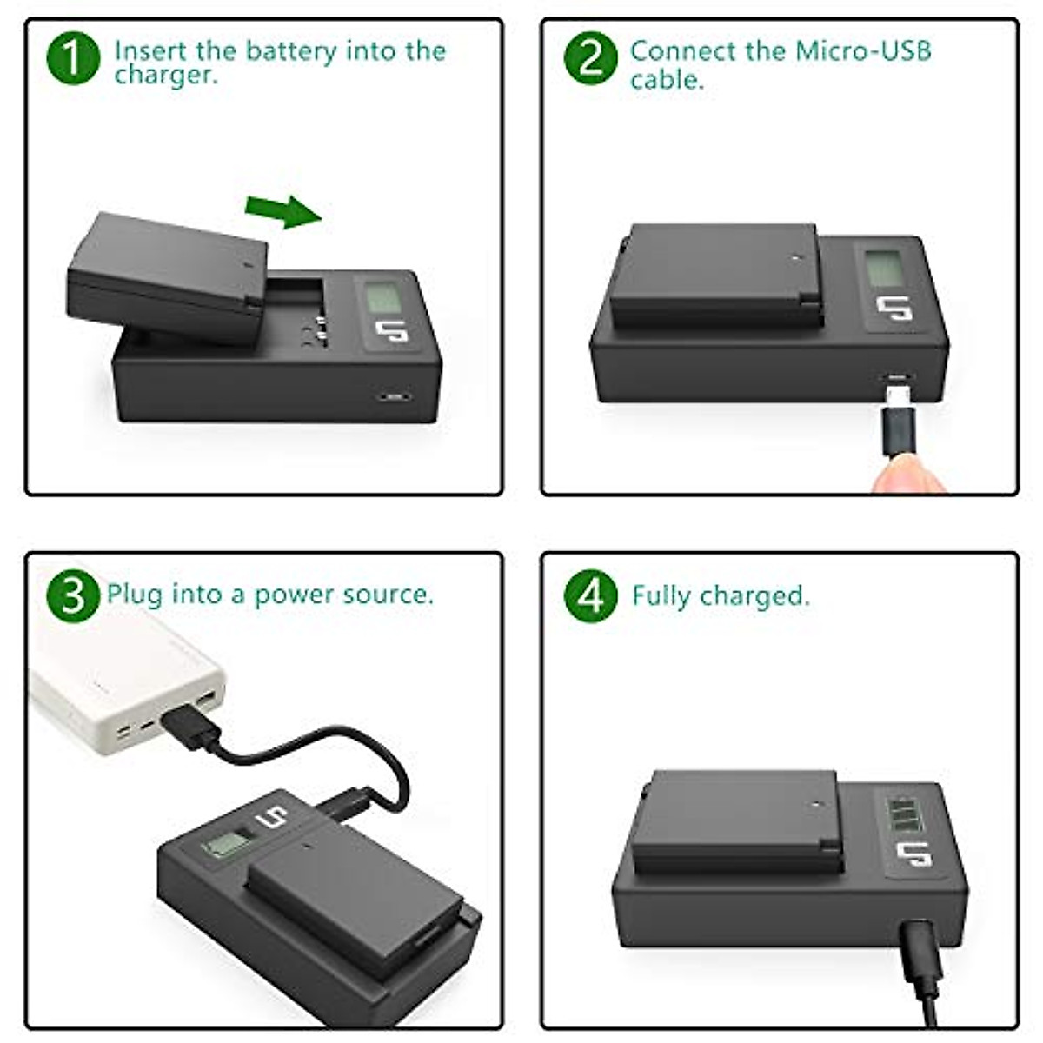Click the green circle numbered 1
click(x=73, y=58)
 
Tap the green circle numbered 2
click(x=590, y=58)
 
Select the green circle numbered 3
click(x=73, y=595)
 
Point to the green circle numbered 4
click(x=590, y=597)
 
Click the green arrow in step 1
click(x=283, y=211)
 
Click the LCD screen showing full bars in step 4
click(x=902, y=814)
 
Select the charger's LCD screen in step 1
click(x=383, y=298)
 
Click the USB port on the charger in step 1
click(x=395, y=396)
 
